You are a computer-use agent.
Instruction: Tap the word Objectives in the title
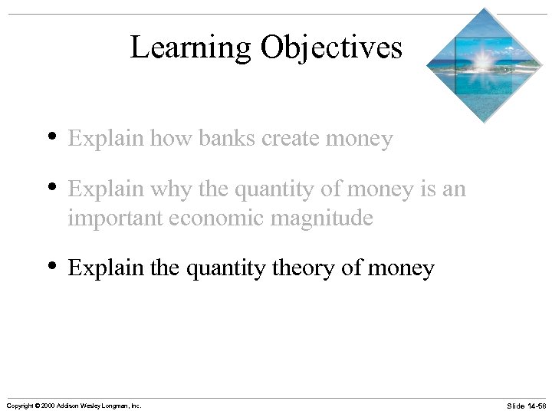tap(331, 48)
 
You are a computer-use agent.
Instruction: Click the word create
tap(294, 139)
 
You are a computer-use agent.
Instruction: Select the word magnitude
tap(323, 219)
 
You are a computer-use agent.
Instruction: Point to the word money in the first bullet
tap(360, 139)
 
